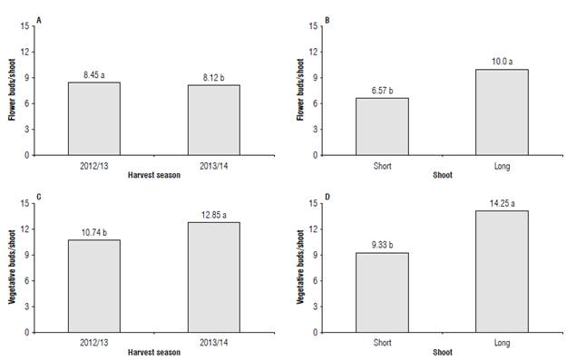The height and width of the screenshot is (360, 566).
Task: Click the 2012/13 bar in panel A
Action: [x=94, y=119]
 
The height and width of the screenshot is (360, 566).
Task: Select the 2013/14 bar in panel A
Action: [x=214, y=120]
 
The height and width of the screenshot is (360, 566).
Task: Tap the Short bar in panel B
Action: [x=382, y=126]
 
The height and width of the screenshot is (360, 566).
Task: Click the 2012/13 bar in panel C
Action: [x=94, y=286]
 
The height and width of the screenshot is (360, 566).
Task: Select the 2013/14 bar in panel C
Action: [x=214, y=277]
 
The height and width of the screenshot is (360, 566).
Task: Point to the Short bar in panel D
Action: [x=382, y=292]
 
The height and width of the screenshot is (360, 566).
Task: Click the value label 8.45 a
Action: [x=94, y=75]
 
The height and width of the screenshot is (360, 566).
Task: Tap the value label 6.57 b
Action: [x=382, y=92]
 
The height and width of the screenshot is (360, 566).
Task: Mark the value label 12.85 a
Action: [x=214, y=215]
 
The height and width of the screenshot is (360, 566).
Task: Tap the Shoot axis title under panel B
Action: [x=442, y=175]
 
